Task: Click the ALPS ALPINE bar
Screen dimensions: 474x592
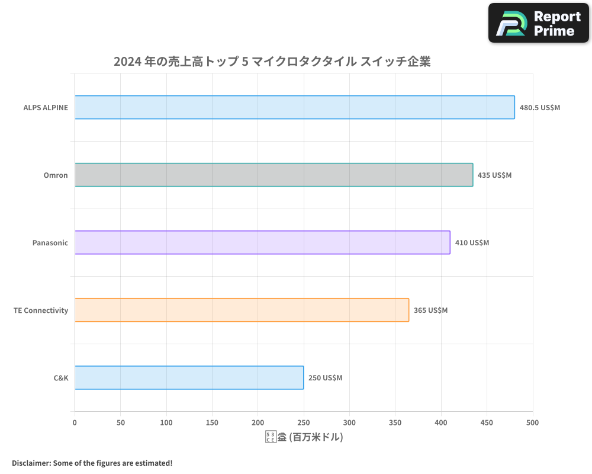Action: click(x=294, y=107)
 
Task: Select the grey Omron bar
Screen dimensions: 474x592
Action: click(x=274, y=175)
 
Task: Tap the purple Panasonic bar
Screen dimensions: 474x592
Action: click(x=262, y=242)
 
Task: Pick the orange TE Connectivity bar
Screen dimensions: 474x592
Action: click(x=242, y=310)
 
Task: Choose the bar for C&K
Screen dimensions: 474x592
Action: click(x=189, y=377)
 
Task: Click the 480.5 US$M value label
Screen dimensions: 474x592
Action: click(x=539, y=108)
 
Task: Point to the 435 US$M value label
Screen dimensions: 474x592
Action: click(x=494, y=175)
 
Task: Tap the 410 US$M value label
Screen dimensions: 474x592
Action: click(x=472, y=243)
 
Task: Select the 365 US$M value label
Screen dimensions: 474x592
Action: click(x=430, y=310)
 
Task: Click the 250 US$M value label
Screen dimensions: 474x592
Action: click(x=325, y=378)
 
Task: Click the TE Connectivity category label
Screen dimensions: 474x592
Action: click(x=41, y=310)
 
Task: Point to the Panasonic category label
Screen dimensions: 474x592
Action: click(x=50, y=243)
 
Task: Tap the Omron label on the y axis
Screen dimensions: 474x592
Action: click(x=56, y=175)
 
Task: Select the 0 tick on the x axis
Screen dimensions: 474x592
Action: click(x=75, y=422)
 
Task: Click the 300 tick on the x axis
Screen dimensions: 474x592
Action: click(x=349, y=422)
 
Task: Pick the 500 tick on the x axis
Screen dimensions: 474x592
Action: click(x=533, y=422)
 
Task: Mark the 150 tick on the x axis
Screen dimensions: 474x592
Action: click(x=212, y=422)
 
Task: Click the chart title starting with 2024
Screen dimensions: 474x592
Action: click(x=272, y=61)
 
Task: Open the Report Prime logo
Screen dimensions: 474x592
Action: click(x=538, y=23)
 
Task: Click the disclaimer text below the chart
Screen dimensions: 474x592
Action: click(x=92, y=463)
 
